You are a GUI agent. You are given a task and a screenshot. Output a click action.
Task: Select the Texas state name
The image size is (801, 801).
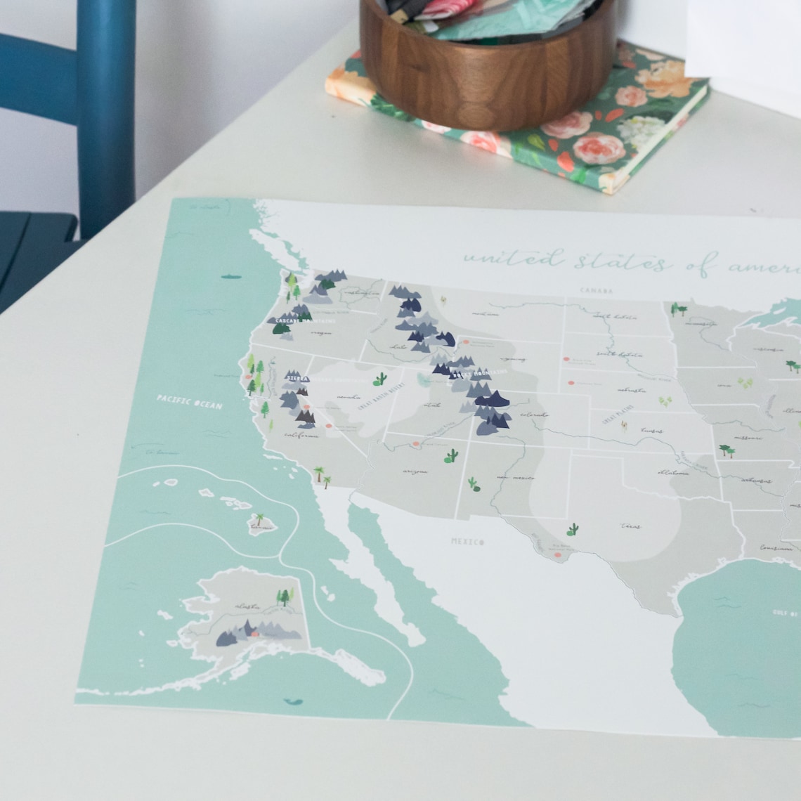(x=630, y=526)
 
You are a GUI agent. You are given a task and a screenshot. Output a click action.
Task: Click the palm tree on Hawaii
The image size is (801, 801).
(x=259, y=519)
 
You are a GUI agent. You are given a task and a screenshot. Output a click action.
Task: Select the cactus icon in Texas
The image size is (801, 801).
(x=573, y=529)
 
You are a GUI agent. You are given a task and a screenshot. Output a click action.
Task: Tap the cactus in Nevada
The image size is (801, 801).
(x=381, y=379)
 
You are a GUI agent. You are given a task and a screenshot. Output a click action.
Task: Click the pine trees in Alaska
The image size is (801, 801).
(x=285, y=597)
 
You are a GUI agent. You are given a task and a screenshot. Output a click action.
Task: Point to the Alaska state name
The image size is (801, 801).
(x=247, y=605)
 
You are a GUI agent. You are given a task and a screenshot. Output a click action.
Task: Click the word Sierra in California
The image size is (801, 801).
(x=293, y=377)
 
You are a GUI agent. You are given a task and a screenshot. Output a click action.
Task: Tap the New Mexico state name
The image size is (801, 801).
(x=511, y=477)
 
